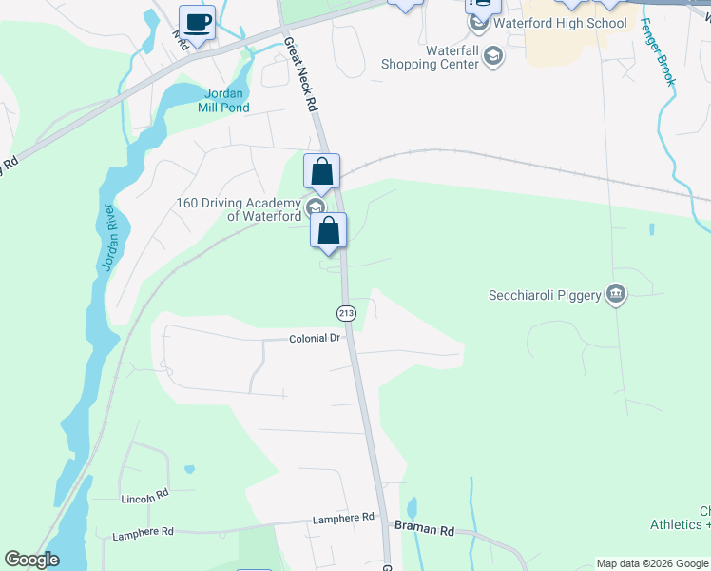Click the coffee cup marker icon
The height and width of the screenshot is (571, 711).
198,22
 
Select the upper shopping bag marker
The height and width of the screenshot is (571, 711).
322,172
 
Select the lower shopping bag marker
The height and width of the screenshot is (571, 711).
329,230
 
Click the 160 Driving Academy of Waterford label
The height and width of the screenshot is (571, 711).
239,208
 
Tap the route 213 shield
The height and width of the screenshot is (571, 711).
346,313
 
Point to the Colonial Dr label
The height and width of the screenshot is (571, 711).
315,339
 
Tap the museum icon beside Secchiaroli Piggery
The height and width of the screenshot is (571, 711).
616,294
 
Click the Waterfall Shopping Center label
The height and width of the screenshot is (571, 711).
429,57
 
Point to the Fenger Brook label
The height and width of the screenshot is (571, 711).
662,52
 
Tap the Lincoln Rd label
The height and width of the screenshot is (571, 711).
144,497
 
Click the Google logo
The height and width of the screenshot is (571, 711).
31,560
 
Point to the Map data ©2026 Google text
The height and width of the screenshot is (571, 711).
652,562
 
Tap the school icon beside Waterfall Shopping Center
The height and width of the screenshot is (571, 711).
493,59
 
